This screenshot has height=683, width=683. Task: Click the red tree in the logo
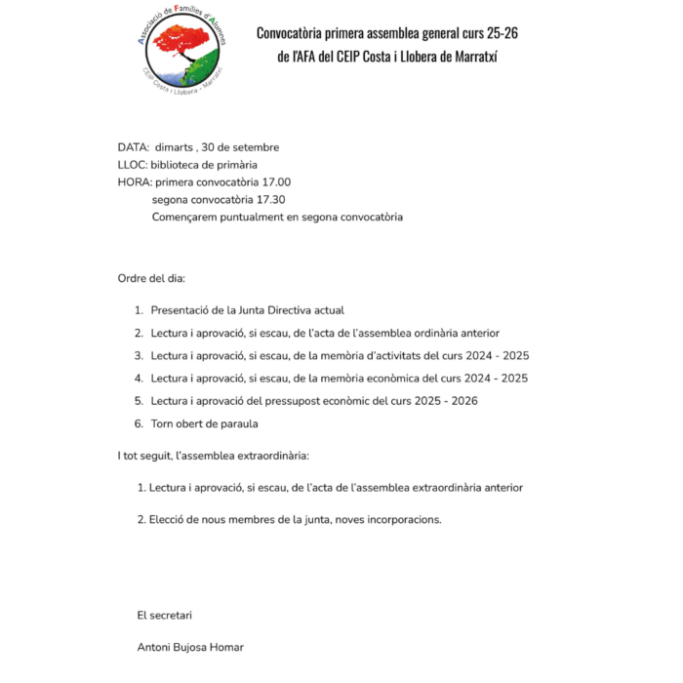point(181,43)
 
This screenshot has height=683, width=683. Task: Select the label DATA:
point(133,147)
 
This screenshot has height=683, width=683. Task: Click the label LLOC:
point(132,165)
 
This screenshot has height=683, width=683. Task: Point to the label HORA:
point(134,182)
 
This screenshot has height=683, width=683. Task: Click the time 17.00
point(277,182)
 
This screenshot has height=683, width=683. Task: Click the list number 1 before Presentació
point(139,310)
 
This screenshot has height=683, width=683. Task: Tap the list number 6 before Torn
point(139,423)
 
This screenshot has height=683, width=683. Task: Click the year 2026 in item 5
point(462,401)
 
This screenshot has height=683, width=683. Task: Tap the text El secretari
point(165,615)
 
